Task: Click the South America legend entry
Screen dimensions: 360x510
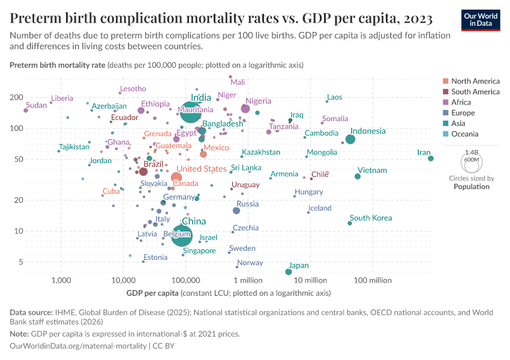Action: [475, 92]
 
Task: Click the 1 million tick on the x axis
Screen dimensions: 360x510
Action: [248, 280]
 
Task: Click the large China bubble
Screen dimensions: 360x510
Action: [182, 234]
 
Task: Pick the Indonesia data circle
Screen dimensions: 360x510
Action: [350, 139]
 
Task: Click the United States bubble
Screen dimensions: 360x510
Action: [176, 177]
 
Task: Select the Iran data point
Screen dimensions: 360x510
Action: [431, 158]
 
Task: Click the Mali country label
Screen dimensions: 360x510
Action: [238, 82]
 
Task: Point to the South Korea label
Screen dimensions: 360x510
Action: [371, 218]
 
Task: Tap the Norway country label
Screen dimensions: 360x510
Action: [250, 263]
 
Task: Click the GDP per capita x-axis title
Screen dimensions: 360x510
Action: [152, 293]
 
